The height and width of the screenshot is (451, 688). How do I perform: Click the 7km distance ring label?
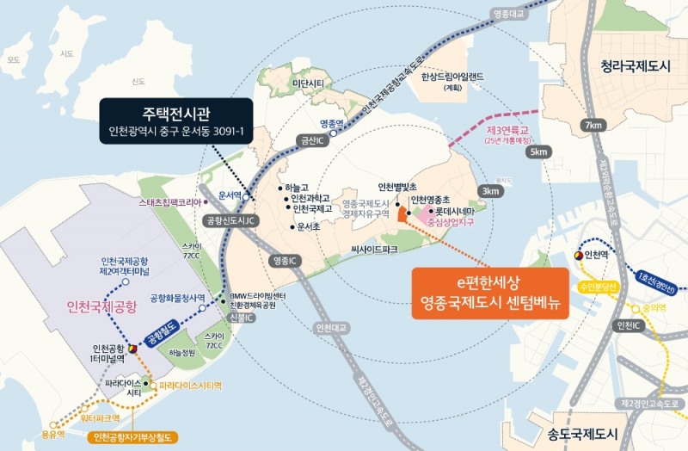(x=593, y=126)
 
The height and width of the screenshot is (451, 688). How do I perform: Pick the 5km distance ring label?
(x=539, y=152)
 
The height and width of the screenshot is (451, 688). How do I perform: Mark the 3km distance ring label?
(x=492, y=190)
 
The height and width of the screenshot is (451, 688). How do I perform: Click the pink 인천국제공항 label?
(x=101, y=306)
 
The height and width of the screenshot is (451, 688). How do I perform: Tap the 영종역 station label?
(x=331, y=123)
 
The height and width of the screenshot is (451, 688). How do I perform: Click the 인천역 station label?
(x=596, y=256)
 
